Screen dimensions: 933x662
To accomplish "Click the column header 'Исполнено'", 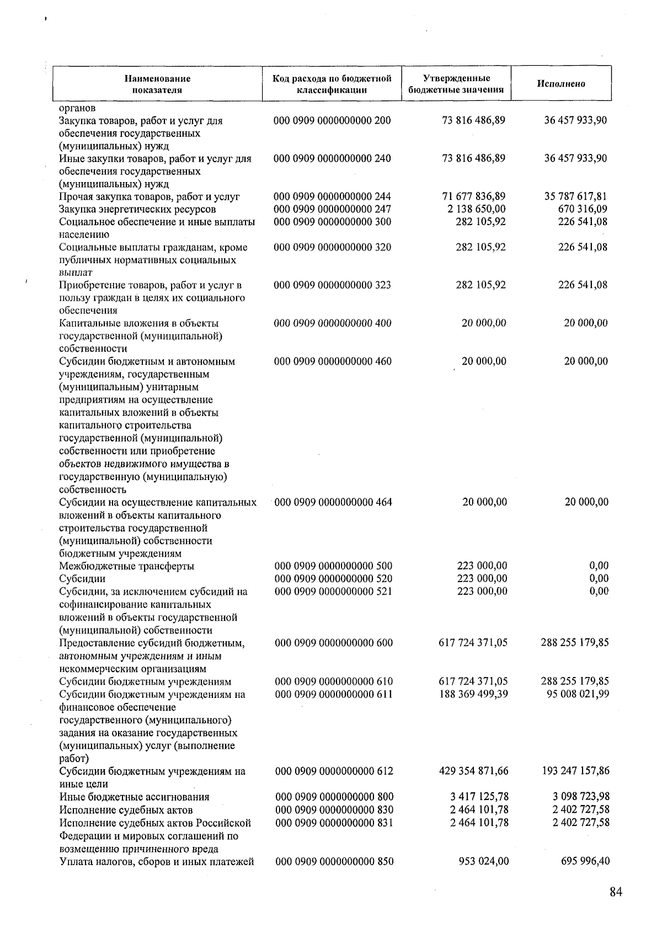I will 561,84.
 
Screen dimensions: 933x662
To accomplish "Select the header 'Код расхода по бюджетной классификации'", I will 332,84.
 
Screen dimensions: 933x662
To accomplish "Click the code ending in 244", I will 332,196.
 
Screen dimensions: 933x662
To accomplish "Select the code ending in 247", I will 332,209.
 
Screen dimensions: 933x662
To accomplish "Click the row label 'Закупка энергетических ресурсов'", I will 137,209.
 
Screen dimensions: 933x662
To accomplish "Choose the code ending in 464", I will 333,502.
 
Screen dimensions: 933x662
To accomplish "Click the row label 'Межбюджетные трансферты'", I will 126,566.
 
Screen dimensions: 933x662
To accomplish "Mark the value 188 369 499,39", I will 473,694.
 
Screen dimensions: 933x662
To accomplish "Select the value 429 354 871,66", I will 473,771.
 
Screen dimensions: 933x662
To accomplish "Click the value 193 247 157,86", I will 575,771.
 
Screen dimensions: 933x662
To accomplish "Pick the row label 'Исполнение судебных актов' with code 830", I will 126,810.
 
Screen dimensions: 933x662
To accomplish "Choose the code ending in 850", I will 334,861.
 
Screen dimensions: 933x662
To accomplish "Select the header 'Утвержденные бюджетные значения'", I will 456,84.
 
